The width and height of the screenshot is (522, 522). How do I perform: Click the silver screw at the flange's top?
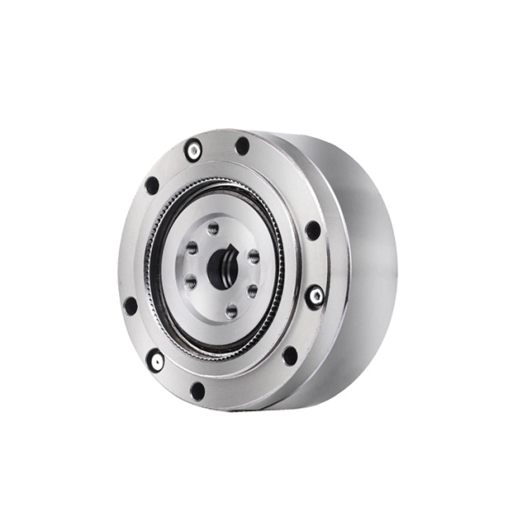point(193,150)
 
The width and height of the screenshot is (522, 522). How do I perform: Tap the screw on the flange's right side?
point(314,295)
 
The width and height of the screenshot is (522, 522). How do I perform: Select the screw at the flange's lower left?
point(154,359)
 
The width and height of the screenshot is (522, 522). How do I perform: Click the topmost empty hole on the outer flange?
point(242,146)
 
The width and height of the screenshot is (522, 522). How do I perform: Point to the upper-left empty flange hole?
point(152,185)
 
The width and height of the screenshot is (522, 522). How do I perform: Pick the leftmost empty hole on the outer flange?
point(130,306)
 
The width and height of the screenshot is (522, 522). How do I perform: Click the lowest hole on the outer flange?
point(197,391)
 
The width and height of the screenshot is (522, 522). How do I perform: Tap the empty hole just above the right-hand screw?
point(312,231)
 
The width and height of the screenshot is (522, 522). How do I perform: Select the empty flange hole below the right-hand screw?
point(290,356)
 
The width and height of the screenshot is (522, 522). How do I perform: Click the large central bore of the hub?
point(221,270)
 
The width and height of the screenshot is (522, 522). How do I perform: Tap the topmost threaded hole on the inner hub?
point(213,228)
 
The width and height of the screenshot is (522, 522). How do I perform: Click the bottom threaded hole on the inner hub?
point(232,310)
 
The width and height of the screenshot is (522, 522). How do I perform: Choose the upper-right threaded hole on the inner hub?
point(254,256)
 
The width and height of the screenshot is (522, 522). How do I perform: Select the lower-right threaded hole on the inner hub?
point(252,290)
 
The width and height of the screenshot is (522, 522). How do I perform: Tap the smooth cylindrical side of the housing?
point(367,269)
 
